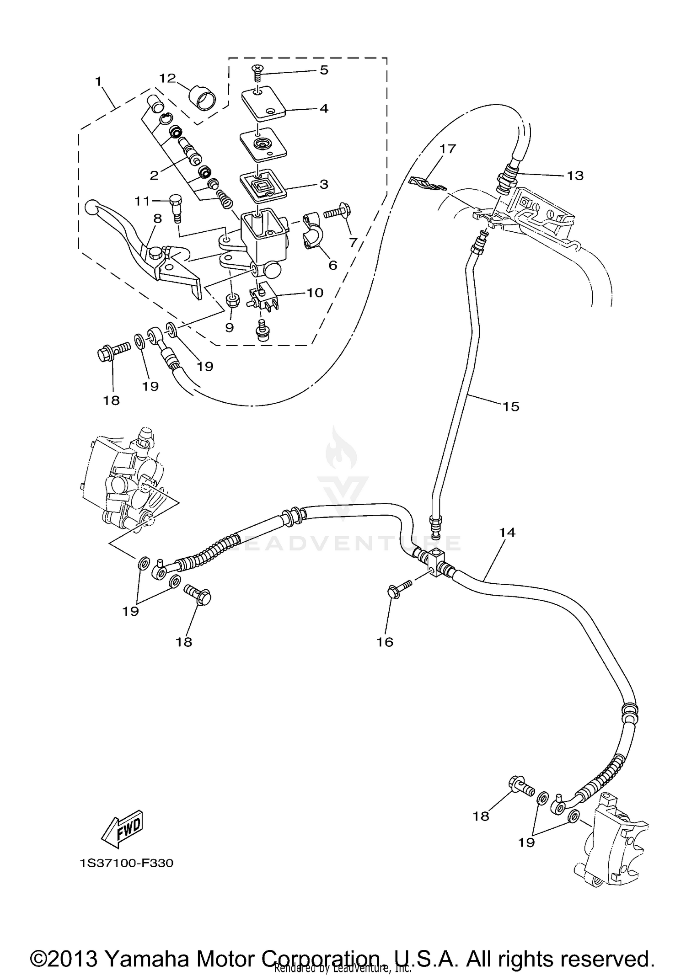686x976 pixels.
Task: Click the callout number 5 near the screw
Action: [x=324, y=70]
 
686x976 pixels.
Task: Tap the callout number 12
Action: [x=167, y=78]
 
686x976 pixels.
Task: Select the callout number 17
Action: [x=448, y=149]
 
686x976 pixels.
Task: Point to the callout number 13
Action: [x=575, y=176]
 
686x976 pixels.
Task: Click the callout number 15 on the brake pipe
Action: [x=511, y=406]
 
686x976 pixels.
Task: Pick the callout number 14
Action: [x=507, y=532]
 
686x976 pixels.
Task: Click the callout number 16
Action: [x=385, y=642]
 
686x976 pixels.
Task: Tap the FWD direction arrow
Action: [x=122, y=830]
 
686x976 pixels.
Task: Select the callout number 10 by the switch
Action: [x=315, y=292]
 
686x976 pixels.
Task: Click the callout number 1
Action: [x=98, y=82]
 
